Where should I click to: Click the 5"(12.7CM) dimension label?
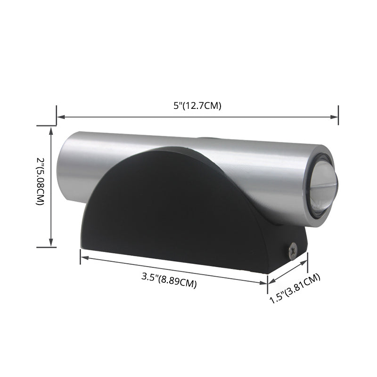click(197, 106)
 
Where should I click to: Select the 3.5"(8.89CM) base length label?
click(169, 280)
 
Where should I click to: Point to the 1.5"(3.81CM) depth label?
click(295, 288)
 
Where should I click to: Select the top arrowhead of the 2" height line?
click(51, 129)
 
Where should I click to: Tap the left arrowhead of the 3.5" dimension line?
click(83, 256)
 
